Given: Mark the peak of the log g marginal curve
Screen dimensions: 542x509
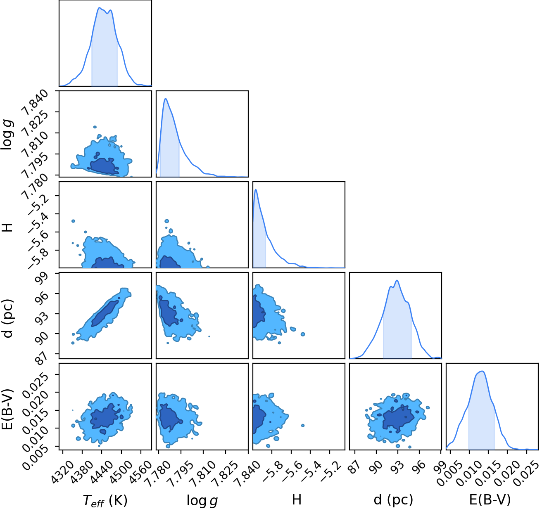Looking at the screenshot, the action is point(165,99).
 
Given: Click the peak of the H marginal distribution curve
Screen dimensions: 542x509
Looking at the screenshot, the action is point(256,189).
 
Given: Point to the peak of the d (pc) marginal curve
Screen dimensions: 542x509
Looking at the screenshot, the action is point(397,280).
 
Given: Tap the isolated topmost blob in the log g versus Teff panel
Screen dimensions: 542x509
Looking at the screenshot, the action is point(95,127).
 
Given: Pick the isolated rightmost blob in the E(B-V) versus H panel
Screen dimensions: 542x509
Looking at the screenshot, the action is point(303,426).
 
